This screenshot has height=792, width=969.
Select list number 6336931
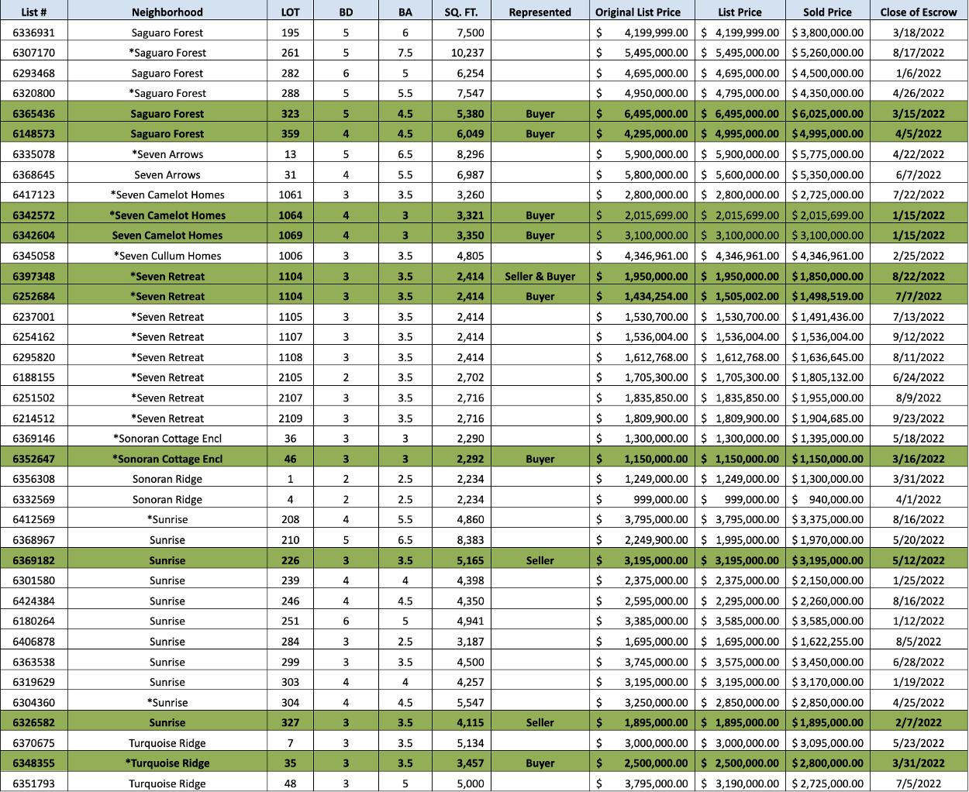click(34, 33)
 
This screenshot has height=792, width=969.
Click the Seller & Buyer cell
click(540, 276)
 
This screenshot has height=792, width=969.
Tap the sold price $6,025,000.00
click(827, 113)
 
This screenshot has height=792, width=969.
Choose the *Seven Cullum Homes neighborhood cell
click(167, 256)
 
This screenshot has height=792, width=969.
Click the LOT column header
click(290, 12)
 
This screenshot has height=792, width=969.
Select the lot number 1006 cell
click(290, 256)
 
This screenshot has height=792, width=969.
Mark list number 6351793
click(34, 783)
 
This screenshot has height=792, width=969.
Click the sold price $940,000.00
click(827, 499)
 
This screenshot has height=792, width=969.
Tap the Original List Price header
click(638, 12)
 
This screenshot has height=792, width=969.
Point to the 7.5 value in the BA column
click(405, 53)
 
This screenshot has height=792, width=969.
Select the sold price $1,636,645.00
click(827, 357)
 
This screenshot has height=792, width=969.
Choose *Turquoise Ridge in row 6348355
click(167, 763)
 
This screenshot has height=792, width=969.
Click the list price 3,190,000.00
click(740, 783)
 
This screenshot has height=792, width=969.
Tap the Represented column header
click(540, 12)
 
